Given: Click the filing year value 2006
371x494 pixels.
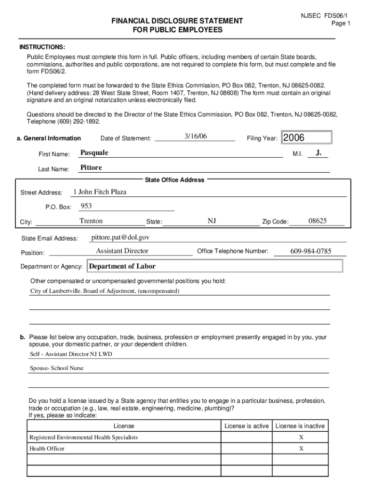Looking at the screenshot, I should point(294,138).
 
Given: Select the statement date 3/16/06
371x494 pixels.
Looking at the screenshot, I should point(195,137).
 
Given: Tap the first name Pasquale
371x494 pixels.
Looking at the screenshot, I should point(94,153).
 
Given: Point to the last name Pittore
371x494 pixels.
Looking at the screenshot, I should point(91,168).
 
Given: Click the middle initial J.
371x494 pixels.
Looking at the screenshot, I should point(318,153).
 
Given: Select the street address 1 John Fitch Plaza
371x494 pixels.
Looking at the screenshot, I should point(100,192).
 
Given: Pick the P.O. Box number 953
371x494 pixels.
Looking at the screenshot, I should point(86,206).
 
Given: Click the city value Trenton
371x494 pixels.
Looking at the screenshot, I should point(91,221).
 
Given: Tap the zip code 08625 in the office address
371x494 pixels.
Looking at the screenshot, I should point(318,221).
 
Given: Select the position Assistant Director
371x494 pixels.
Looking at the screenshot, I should point(122,251).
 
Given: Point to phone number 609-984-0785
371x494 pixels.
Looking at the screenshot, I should point(311,251).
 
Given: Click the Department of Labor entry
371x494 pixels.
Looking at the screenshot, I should point(122,266).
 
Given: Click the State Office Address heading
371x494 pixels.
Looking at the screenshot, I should point(174,180).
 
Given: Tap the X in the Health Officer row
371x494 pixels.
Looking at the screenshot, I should point(301,449).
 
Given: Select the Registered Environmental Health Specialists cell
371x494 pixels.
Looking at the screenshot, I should point(84,437).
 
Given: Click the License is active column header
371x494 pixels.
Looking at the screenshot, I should point(246,426).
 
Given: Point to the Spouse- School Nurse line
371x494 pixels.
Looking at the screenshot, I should point(57,368).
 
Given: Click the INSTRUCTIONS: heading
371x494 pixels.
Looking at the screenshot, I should point(42,47).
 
